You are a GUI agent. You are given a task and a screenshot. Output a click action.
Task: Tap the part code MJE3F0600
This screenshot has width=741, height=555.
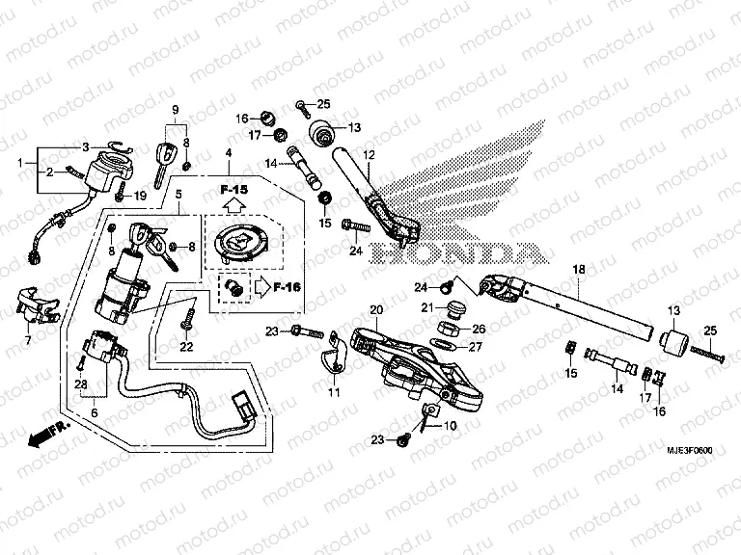pyautogui.click(x=692, y=451)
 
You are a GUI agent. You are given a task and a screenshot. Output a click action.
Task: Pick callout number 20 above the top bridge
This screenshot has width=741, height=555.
pyautogui.click(x=376, y=309)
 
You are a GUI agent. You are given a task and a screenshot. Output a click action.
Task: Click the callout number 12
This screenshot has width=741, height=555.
pyautogui.click(x=368, y=155)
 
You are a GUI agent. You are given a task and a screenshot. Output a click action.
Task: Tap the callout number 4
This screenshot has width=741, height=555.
pyautogui.click(x=229, y=154)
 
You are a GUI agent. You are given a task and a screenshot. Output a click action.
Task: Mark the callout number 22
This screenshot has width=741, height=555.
pyautogui.click(x=187, y=347)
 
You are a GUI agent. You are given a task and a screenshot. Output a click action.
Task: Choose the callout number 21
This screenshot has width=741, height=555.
pyautogui.click(x=426, y=307)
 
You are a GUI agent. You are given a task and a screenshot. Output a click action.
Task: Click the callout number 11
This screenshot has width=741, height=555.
pyautogui.click(x=334, y=393)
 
